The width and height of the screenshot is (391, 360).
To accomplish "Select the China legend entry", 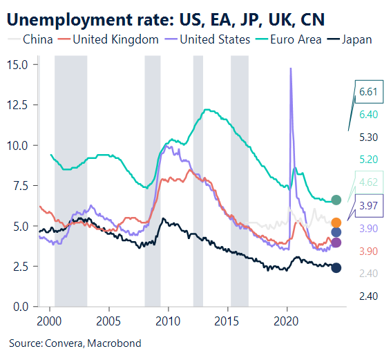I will pyautogui.click(x=32, y=39).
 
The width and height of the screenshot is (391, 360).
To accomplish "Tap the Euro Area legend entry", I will pyautogui.click(x=289, y=39).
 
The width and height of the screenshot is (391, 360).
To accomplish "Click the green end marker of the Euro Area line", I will pyautogui.click(x=336, y=200).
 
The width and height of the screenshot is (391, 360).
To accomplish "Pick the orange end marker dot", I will pyautogui.click(x=336, y=222).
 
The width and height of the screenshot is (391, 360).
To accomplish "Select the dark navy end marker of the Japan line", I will pyautogui.click(x=336, y=267).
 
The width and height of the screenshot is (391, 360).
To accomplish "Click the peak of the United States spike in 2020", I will pyautogui.click(x=290, y=68).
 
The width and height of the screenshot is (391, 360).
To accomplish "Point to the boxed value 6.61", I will pyautogui.click(x=369, y=91).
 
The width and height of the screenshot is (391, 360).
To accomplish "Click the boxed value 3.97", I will pyautogui.click(x=369, y=205).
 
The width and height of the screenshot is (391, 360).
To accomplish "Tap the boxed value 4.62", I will pyautogui.click(x=369, y=182).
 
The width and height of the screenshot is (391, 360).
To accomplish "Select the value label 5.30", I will pyautogui.click(x=369, y=137).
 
